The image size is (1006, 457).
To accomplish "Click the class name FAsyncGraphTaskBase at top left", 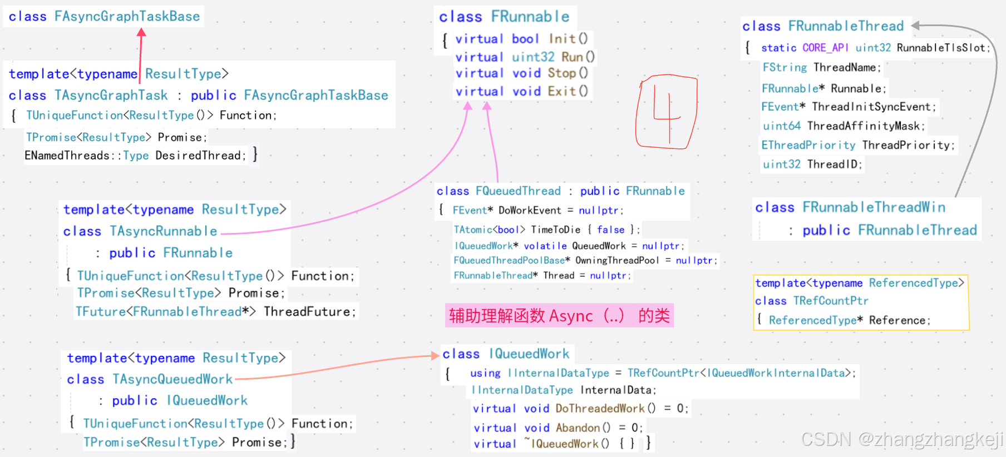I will tap(127, 16).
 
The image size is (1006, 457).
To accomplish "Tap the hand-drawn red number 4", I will tap(666, 111).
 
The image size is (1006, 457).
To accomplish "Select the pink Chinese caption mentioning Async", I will tap(559, 316).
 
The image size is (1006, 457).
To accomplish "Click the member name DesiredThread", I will tap(200, 156).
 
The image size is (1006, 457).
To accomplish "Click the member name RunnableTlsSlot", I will tap(941, 48).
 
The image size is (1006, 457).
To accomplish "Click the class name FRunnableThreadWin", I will tap(874, 207).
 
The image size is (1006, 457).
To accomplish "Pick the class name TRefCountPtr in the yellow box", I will tap(831, 301).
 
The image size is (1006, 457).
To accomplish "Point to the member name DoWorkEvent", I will tap(530, 210).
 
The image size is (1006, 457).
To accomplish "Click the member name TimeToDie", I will tap(555, 230).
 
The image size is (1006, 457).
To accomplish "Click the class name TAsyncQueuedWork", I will tap(172, 379).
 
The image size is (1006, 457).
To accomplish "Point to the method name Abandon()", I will tap(583, 428).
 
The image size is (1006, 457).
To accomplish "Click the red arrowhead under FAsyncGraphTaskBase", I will tap(141, 32).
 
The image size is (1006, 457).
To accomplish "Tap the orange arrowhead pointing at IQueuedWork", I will tap(435, 355).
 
